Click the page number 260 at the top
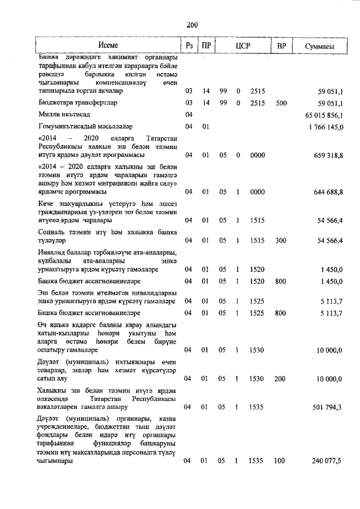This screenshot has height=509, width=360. [192, 24]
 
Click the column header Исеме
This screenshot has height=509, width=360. [107, 46]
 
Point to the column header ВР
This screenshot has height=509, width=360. [282, 46]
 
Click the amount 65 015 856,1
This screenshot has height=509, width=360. [322, 115]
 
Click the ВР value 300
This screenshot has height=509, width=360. [281, 241]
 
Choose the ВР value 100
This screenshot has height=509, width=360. [281, 462]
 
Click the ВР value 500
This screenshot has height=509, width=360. [281, 103]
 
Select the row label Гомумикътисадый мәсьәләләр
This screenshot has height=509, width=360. [85, 127]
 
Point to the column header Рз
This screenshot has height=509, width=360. [189, 46]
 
